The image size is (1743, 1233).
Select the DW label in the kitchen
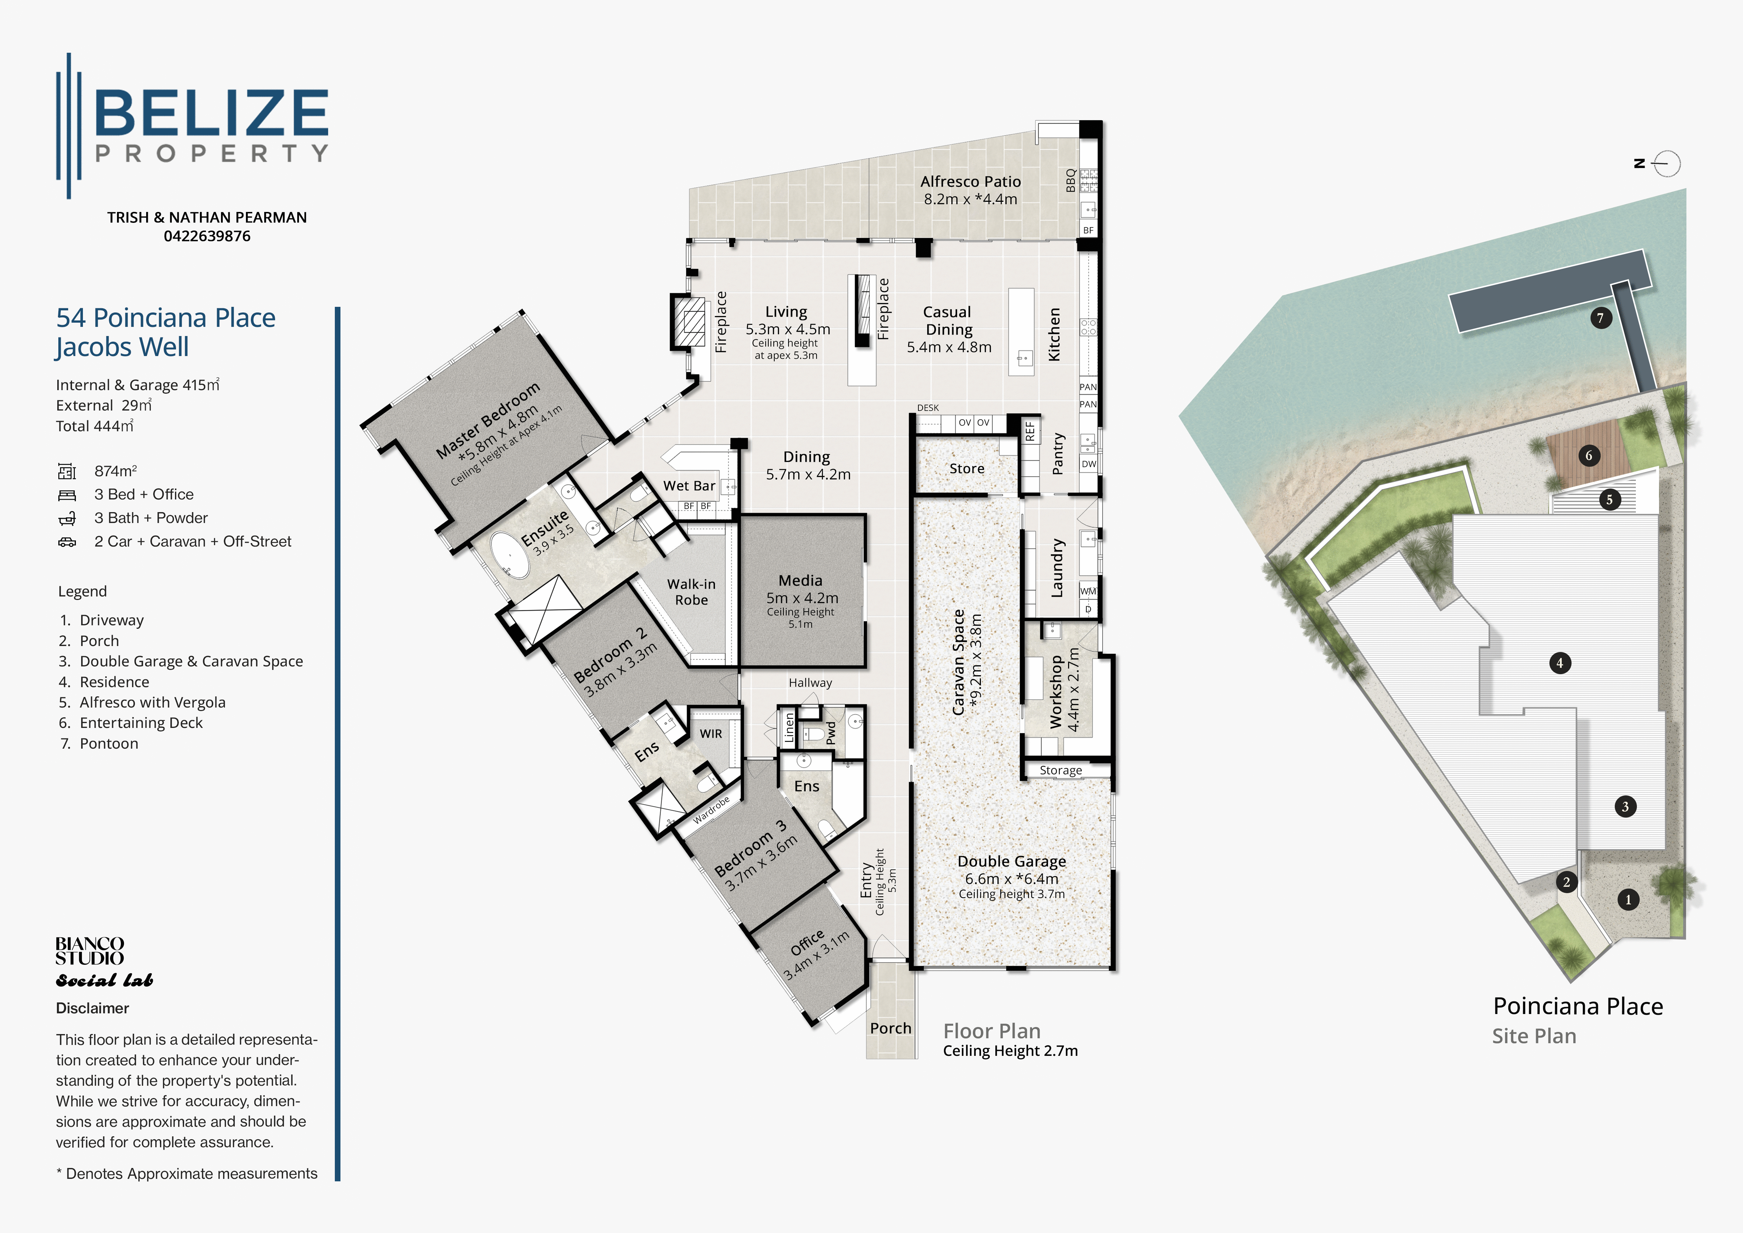[x=1088, y=464]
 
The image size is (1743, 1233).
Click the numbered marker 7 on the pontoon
[x=1600, y=318]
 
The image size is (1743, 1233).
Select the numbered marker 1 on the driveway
[x=1628, y=900]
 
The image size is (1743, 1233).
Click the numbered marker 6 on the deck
[x=1589, y=456]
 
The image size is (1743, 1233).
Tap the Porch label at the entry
[x=891, y=1028]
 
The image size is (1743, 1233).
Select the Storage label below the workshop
[x=1061, y=770]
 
